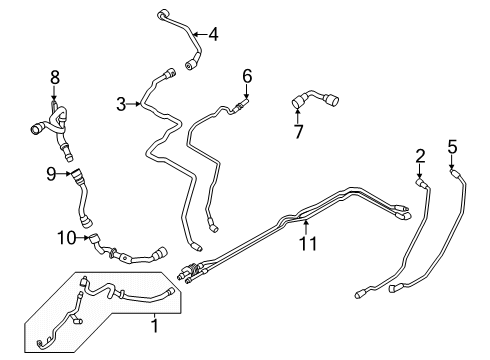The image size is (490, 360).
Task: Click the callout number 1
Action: coord(154,325)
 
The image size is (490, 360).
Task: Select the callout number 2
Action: coord(420,155)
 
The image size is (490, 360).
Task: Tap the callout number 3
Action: coord(121,103)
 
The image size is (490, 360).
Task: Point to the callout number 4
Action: coord(212,34)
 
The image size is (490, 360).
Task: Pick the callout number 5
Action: coord(452,147)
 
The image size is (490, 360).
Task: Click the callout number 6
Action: coord(247,75)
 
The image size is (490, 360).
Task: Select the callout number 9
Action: coord(50,173)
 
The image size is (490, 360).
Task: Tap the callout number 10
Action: coord(65,237)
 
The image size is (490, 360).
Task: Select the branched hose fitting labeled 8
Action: coord(50,125)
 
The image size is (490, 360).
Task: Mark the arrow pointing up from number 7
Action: coord(296,116)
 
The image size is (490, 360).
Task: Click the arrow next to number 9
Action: coord(64,173)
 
